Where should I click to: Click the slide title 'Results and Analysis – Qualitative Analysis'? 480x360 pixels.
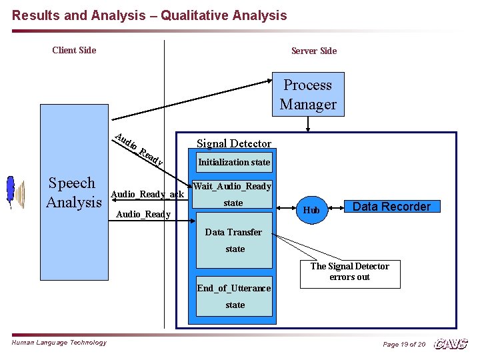(149, 15)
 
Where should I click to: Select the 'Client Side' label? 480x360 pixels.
(74, 50)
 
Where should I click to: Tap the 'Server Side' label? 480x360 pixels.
(313, 51)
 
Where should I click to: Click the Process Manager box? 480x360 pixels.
(308, 95)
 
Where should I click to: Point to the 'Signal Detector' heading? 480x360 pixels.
(233, 143)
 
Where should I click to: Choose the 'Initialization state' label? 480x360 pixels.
(233, 162)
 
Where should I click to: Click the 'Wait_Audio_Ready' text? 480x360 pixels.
(232, 187)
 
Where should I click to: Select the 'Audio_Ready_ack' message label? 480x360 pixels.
(147, 194)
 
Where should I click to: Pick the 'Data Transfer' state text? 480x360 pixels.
(233, 232)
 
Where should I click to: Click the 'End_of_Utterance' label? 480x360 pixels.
(233, 288)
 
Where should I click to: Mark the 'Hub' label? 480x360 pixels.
(311, 211)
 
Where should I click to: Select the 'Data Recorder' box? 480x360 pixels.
(391, 207)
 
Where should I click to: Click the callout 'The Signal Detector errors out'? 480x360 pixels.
(349, 271)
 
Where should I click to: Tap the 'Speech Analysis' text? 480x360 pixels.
(73, 193)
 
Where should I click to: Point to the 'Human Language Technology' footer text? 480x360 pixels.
(59, 343)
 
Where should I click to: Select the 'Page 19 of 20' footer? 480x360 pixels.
(403, 344)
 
